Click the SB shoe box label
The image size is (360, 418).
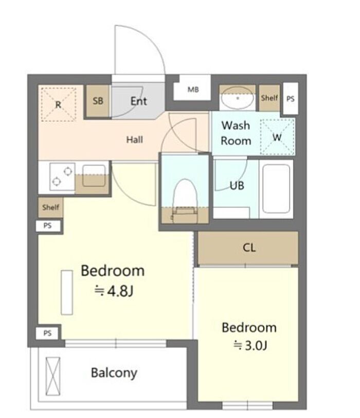[x=98, y=101]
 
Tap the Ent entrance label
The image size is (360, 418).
[x=138, y=101]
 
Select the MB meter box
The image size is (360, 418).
[x=192, y=90]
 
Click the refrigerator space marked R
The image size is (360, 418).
[x=59, y=104]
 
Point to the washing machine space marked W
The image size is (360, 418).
[x=277, y=137]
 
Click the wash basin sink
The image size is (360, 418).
[x=238, y=98]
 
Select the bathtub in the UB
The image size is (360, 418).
[x=276, y=189]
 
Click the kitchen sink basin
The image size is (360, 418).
[x=94, y=176]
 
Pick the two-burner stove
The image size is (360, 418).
[x=62, y=177]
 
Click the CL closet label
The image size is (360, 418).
[x=249, y=248]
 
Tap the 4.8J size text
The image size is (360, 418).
[x=114, y=291]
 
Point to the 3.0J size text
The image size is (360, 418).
[x=250, y=345]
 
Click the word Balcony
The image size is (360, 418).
[x=114, y=373]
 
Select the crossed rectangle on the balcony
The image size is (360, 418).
[x=53, y=376]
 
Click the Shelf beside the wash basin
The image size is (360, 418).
[x=269, y=98]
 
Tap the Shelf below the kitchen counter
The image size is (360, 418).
[x=50, y=207]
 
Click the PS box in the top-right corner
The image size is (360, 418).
[x=290, y=99]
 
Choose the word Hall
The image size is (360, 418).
[x=134, y=140]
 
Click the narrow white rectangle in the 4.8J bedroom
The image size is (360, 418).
[x=67, y=292]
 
